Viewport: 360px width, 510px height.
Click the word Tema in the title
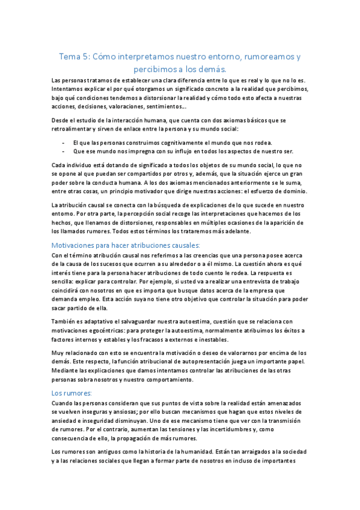pyautogui.click(x=68, y=57)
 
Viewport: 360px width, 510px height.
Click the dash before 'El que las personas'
pyautogui.click(x=64, y=141)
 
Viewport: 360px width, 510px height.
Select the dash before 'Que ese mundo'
pyautogui.click(x=64, y=151)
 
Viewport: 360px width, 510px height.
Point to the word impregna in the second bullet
pyautogui.click(x=132, y=151)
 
